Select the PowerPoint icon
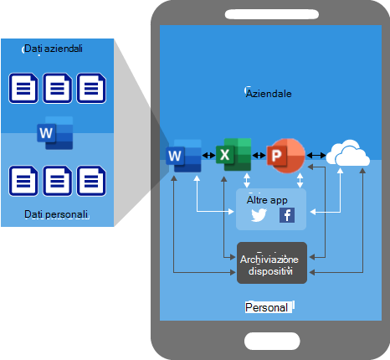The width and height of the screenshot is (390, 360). [282, 154]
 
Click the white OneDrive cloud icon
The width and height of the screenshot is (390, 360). [347, 154]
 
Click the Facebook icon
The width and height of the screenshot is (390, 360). [286, 215]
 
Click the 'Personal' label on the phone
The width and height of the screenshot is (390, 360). [267, 308]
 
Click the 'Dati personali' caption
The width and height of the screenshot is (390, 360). [56, 215]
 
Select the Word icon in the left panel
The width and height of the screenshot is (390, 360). [54, 133]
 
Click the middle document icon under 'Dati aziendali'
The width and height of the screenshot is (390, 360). [57, 87]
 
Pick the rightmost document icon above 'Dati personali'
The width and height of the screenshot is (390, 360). [91, 180]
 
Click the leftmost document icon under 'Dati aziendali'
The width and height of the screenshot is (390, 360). [23, 87]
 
